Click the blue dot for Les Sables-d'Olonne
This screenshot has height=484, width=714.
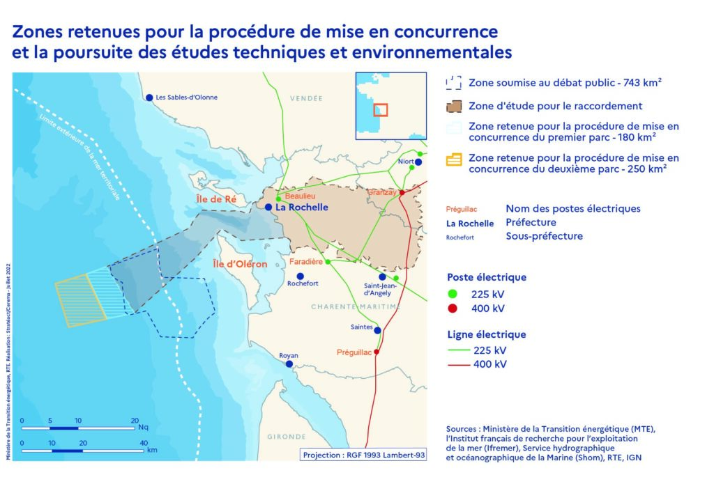point(149,97)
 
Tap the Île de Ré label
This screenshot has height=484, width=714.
point(215,200)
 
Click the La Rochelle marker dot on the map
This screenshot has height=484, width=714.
point(268,207)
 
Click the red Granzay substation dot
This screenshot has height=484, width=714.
point(402,192)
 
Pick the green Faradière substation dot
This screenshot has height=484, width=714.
point(328,262)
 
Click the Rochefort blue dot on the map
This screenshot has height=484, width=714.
point(301,276)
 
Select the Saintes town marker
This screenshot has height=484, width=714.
point(377,330)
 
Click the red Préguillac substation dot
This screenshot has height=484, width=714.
point(377,352)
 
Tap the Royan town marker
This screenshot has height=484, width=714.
point(288,364)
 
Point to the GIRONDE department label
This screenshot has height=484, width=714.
point(286,437)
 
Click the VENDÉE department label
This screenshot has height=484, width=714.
point(306,98)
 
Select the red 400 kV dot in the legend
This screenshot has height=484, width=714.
point(453,309)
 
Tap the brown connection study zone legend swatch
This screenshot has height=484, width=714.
point(454,107)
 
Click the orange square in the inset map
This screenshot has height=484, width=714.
point(380,109)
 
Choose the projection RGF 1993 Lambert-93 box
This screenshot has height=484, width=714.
point(363,455)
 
